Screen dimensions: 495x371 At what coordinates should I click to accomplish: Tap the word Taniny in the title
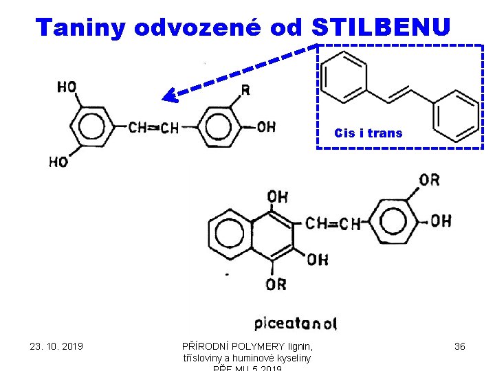[x=82, y=27]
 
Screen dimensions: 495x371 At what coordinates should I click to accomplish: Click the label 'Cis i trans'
[x=368, y=133]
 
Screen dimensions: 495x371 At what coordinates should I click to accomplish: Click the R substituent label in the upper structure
[x=245, y=91]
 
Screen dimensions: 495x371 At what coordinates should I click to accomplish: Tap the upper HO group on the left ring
[x=67, y=87]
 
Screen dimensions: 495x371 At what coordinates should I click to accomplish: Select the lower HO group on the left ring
[x=58, y=162]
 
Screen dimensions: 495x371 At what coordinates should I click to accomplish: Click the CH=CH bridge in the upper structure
[x=153, y=128]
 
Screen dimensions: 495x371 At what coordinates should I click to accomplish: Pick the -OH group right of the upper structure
[x=263, y=126]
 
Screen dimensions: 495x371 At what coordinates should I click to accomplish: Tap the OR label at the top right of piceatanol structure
[x=429, y=180]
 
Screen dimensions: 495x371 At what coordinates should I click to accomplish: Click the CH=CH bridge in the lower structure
[x=333, y=223]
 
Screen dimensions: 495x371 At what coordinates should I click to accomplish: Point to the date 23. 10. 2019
[x=56, y=346]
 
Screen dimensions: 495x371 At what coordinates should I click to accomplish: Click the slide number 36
[x=460, y=346]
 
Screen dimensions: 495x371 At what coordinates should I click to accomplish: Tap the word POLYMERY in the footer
[x=258, y=346]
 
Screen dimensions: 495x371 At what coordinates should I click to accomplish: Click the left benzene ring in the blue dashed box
[x=345, y=76]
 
